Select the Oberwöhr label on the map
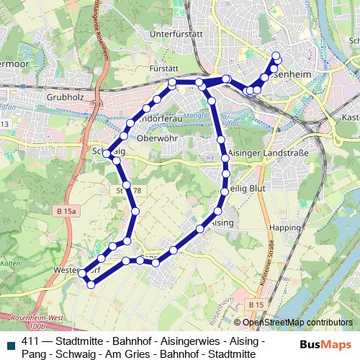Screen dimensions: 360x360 coord(156,138)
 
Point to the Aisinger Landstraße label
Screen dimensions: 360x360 coord(267,153)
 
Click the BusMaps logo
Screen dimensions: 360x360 coord(326,343)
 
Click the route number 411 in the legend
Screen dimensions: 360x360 coord(30,341)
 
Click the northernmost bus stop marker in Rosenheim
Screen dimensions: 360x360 coord(276,55)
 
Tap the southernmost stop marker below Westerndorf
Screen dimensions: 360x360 coord(91,284)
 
